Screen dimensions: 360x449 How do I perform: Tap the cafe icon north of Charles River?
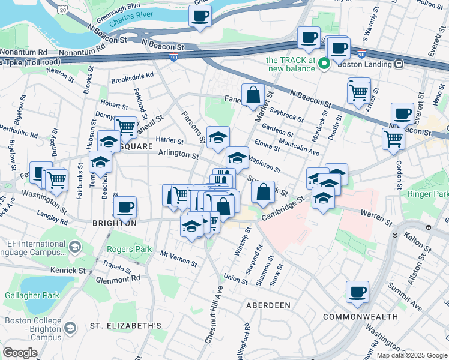coord(200,15)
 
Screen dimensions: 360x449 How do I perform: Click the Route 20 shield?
coord(63,8)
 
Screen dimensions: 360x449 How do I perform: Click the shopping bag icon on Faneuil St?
coord(253,94)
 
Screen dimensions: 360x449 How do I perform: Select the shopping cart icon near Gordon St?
coord(393,138)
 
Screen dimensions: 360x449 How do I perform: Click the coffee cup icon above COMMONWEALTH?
coord(357,292)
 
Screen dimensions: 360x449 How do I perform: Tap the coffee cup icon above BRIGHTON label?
coord(125,208)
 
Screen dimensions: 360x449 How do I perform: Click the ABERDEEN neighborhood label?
coord(268,305)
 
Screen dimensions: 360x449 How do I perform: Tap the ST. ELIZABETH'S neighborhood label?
coord(125,326)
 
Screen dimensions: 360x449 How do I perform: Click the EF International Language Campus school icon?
coord(74,247)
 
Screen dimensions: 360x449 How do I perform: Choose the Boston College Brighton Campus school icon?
coord(71,328)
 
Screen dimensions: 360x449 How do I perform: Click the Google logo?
coord(20,353)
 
